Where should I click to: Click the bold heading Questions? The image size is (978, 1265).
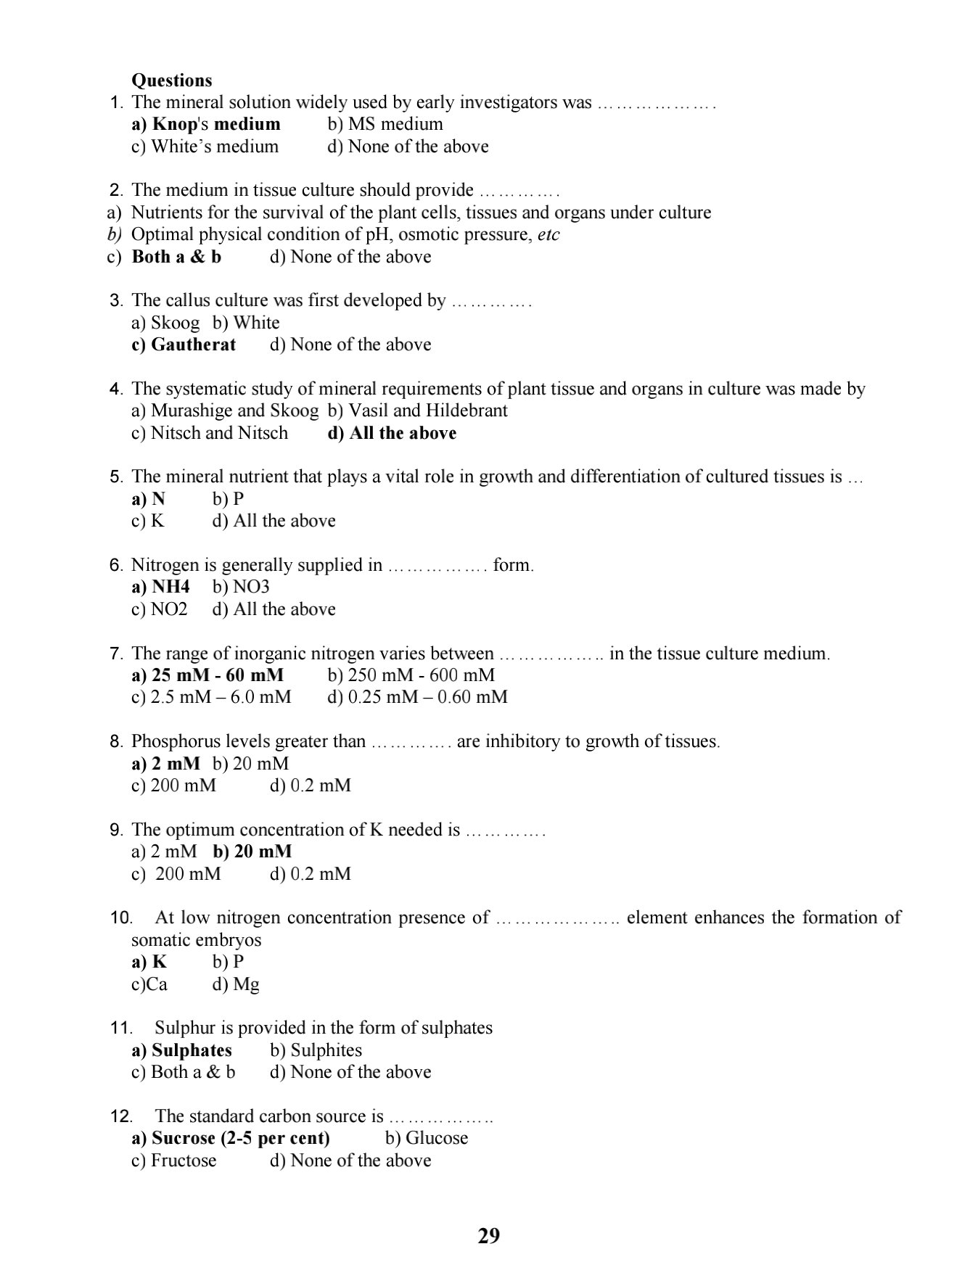pos(171,80)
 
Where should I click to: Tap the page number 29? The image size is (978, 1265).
pos(489,1235)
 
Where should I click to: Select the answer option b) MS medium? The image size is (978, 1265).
pos(385,124)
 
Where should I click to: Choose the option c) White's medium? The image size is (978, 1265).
pos(205,147)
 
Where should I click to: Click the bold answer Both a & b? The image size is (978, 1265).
pos(176,257)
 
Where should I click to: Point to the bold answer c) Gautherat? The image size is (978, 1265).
pos(184,345)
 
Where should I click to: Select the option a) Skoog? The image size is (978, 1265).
pos(165,323)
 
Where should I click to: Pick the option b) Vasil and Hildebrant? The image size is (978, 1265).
pos(417,411)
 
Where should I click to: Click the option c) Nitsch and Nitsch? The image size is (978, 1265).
pos(209,433)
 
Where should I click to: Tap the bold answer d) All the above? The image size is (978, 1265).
pos(392,433)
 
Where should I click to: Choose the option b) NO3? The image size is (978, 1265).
pos(241,587)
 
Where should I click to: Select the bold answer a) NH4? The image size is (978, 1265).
pos(160,587)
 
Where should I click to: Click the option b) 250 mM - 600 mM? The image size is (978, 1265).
pos(411,675)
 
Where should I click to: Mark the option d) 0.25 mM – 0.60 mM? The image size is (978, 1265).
pos(417,697)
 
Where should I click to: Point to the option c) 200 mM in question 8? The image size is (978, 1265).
pos(173,786)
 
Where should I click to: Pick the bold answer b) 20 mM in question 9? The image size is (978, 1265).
pos(252,852)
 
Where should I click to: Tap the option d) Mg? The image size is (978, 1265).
pos(236,984)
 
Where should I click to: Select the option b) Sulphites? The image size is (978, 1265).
pos(316,1050)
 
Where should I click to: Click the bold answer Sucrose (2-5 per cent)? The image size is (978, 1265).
pos(231,1138)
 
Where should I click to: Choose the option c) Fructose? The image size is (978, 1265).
pos(173,1161)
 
